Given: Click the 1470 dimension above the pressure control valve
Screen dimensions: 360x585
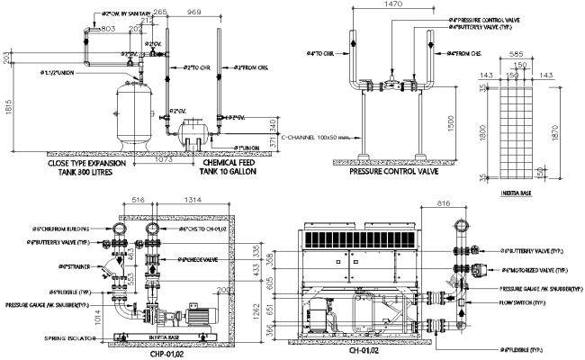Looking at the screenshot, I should coord(391,5).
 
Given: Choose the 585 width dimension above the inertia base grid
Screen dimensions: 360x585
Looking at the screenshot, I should coord(517,54).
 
